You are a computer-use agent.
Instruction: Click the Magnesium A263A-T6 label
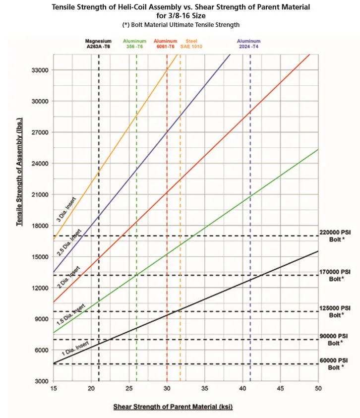pyautogui.click(x=98, y=44)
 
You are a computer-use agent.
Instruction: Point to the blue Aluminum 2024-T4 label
pyautogui.click(x=249, y=44)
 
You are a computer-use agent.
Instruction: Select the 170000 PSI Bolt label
pyautogui.click(x=336, y=275)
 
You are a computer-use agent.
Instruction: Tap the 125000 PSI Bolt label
pyautogui.click(x=336, y=311)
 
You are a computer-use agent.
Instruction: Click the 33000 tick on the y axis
pyautogui.click(x=39, y=70)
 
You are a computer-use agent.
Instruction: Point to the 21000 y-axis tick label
pyautogui.click(x=39, y=195)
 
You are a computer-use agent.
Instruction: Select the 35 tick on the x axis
pyautogui.click(x=205, y=388)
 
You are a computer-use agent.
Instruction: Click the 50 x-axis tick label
pyautogui.click(x=318, y=388)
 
